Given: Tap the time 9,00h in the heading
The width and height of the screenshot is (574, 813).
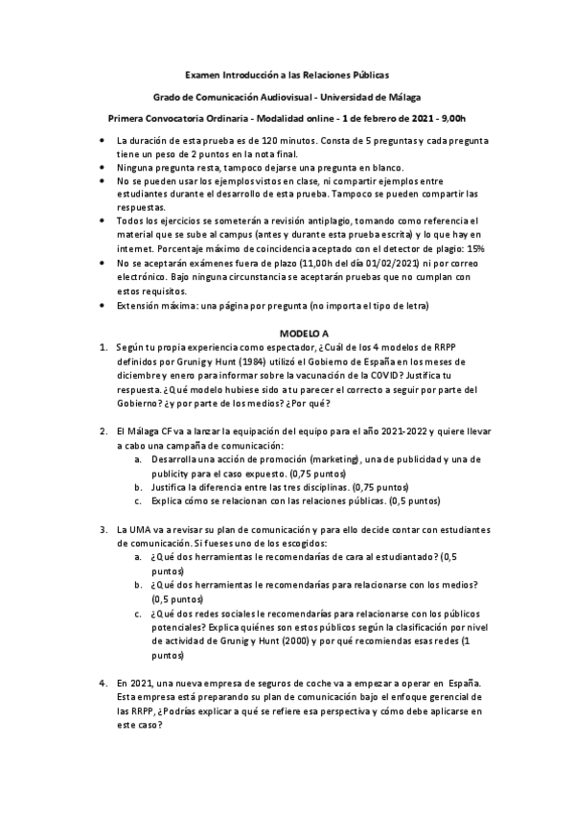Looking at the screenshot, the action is [448, 119].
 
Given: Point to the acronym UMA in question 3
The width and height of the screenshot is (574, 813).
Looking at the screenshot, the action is [140, 530].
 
